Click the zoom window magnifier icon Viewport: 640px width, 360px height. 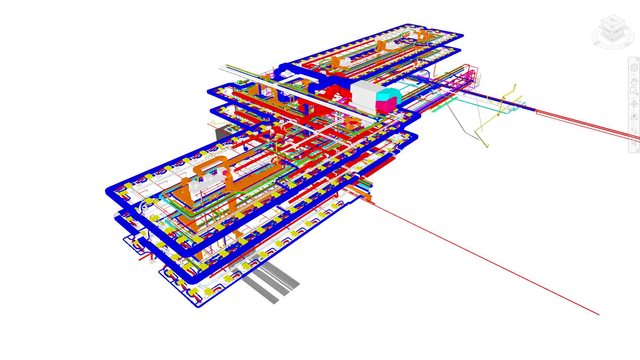click(634, 92)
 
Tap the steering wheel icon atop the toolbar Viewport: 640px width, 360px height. click(634, 68)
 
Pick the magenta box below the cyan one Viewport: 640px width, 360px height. click(386, 104)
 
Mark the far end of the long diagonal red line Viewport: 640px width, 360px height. click(598, 314)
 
